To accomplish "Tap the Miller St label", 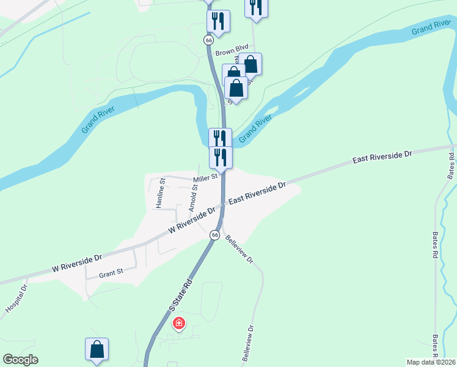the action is (x=206, y=178).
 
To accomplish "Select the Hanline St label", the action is (x=160, y=193).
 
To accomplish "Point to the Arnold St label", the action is (x=194, y=196).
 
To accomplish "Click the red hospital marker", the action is (x=179, y=323).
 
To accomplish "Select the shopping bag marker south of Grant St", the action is (x=97, y=350).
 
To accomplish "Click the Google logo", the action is (x=21, y=360).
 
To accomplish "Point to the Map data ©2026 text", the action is (x=430, y=362).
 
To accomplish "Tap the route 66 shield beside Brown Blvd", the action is (x=209, y=40).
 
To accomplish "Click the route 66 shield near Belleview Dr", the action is (x=214, y=235).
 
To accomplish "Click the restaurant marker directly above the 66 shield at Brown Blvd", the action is (x=218, y=21).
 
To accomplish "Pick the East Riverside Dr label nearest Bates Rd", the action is (x=383, y=157).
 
